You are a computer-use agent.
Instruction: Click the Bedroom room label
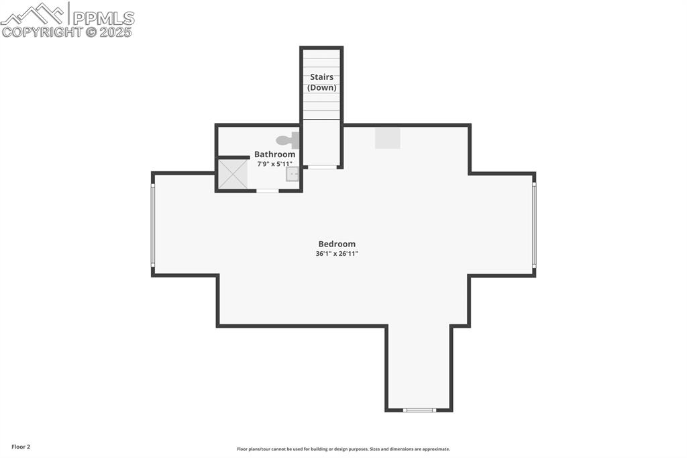[x=337, y=244]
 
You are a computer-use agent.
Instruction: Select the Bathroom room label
[x=274, y=154]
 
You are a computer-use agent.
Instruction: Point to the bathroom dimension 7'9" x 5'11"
[x=274, y=164]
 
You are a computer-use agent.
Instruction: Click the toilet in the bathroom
[x=289, y=140]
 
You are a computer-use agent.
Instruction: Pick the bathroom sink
[x=293, y=175]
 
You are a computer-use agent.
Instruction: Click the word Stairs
[x=321, y=77]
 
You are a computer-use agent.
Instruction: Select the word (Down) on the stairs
[x=321, y=88]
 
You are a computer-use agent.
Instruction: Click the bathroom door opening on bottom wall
[x=268, y=191]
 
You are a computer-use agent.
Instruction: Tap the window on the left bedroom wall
[x=153, y=224]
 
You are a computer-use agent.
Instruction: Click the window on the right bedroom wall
[x=534, y=224]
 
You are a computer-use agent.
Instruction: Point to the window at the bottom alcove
[x=419, y=410]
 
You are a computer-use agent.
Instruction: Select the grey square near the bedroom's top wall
[x=387, y=138]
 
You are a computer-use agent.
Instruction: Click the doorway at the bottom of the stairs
[x=322, y=167]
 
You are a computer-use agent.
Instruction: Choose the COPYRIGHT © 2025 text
[x=67, y=32]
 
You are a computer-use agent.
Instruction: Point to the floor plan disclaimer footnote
[x=343, y=449]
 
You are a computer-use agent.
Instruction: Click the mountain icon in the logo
[x=34, y=13]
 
